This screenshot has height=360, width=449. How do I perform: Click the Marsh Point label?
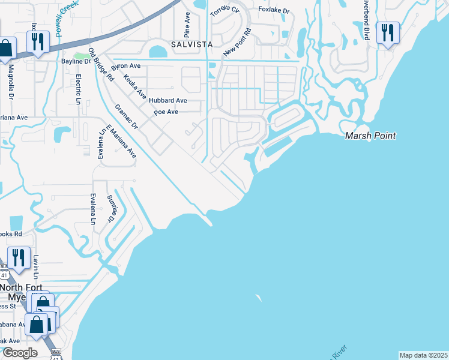370,136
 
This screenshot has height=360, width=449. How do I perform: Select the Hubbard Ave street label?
168,100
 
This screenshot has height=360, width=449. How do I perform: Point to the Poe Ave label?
165,112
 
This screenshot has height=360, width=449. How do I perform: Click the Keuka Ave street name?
135,86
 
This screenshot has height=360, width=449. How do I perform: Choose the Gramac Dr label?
127,117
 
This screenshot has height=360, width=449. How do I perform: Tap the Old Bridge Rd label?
101,65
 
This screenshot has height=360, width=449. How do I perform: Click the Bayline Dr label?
76,61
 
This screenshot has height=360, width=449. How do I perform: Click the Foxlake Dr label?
274,10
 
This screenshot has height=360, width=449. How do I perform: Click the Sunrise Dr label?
111,208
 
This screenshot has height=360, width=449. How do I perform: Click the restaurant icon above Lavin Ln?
19,257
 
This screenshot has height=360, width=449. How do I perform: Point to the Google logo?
20,353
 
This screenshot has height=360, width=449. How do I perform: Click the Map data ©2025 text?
423,355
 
